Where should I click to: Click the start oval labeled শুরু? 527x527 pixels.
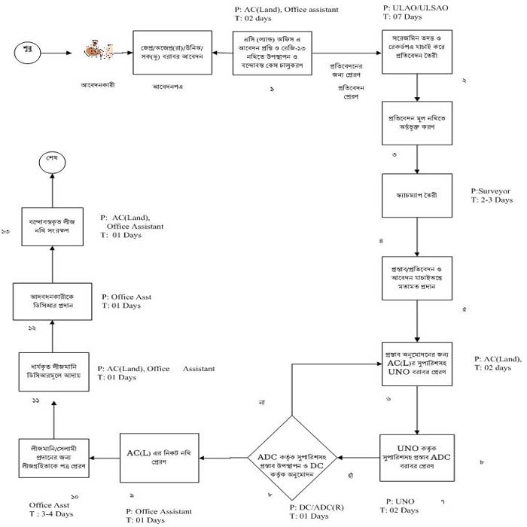click(30, 52)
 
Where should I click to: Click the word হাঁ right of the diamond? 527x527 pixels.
click(350, 475)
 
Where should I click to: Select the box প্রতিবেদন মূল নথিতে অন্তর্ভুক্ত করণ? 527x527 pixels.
click(418, 123)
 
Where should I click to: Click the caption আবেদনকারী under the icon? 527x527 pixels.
click(98, 85)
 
